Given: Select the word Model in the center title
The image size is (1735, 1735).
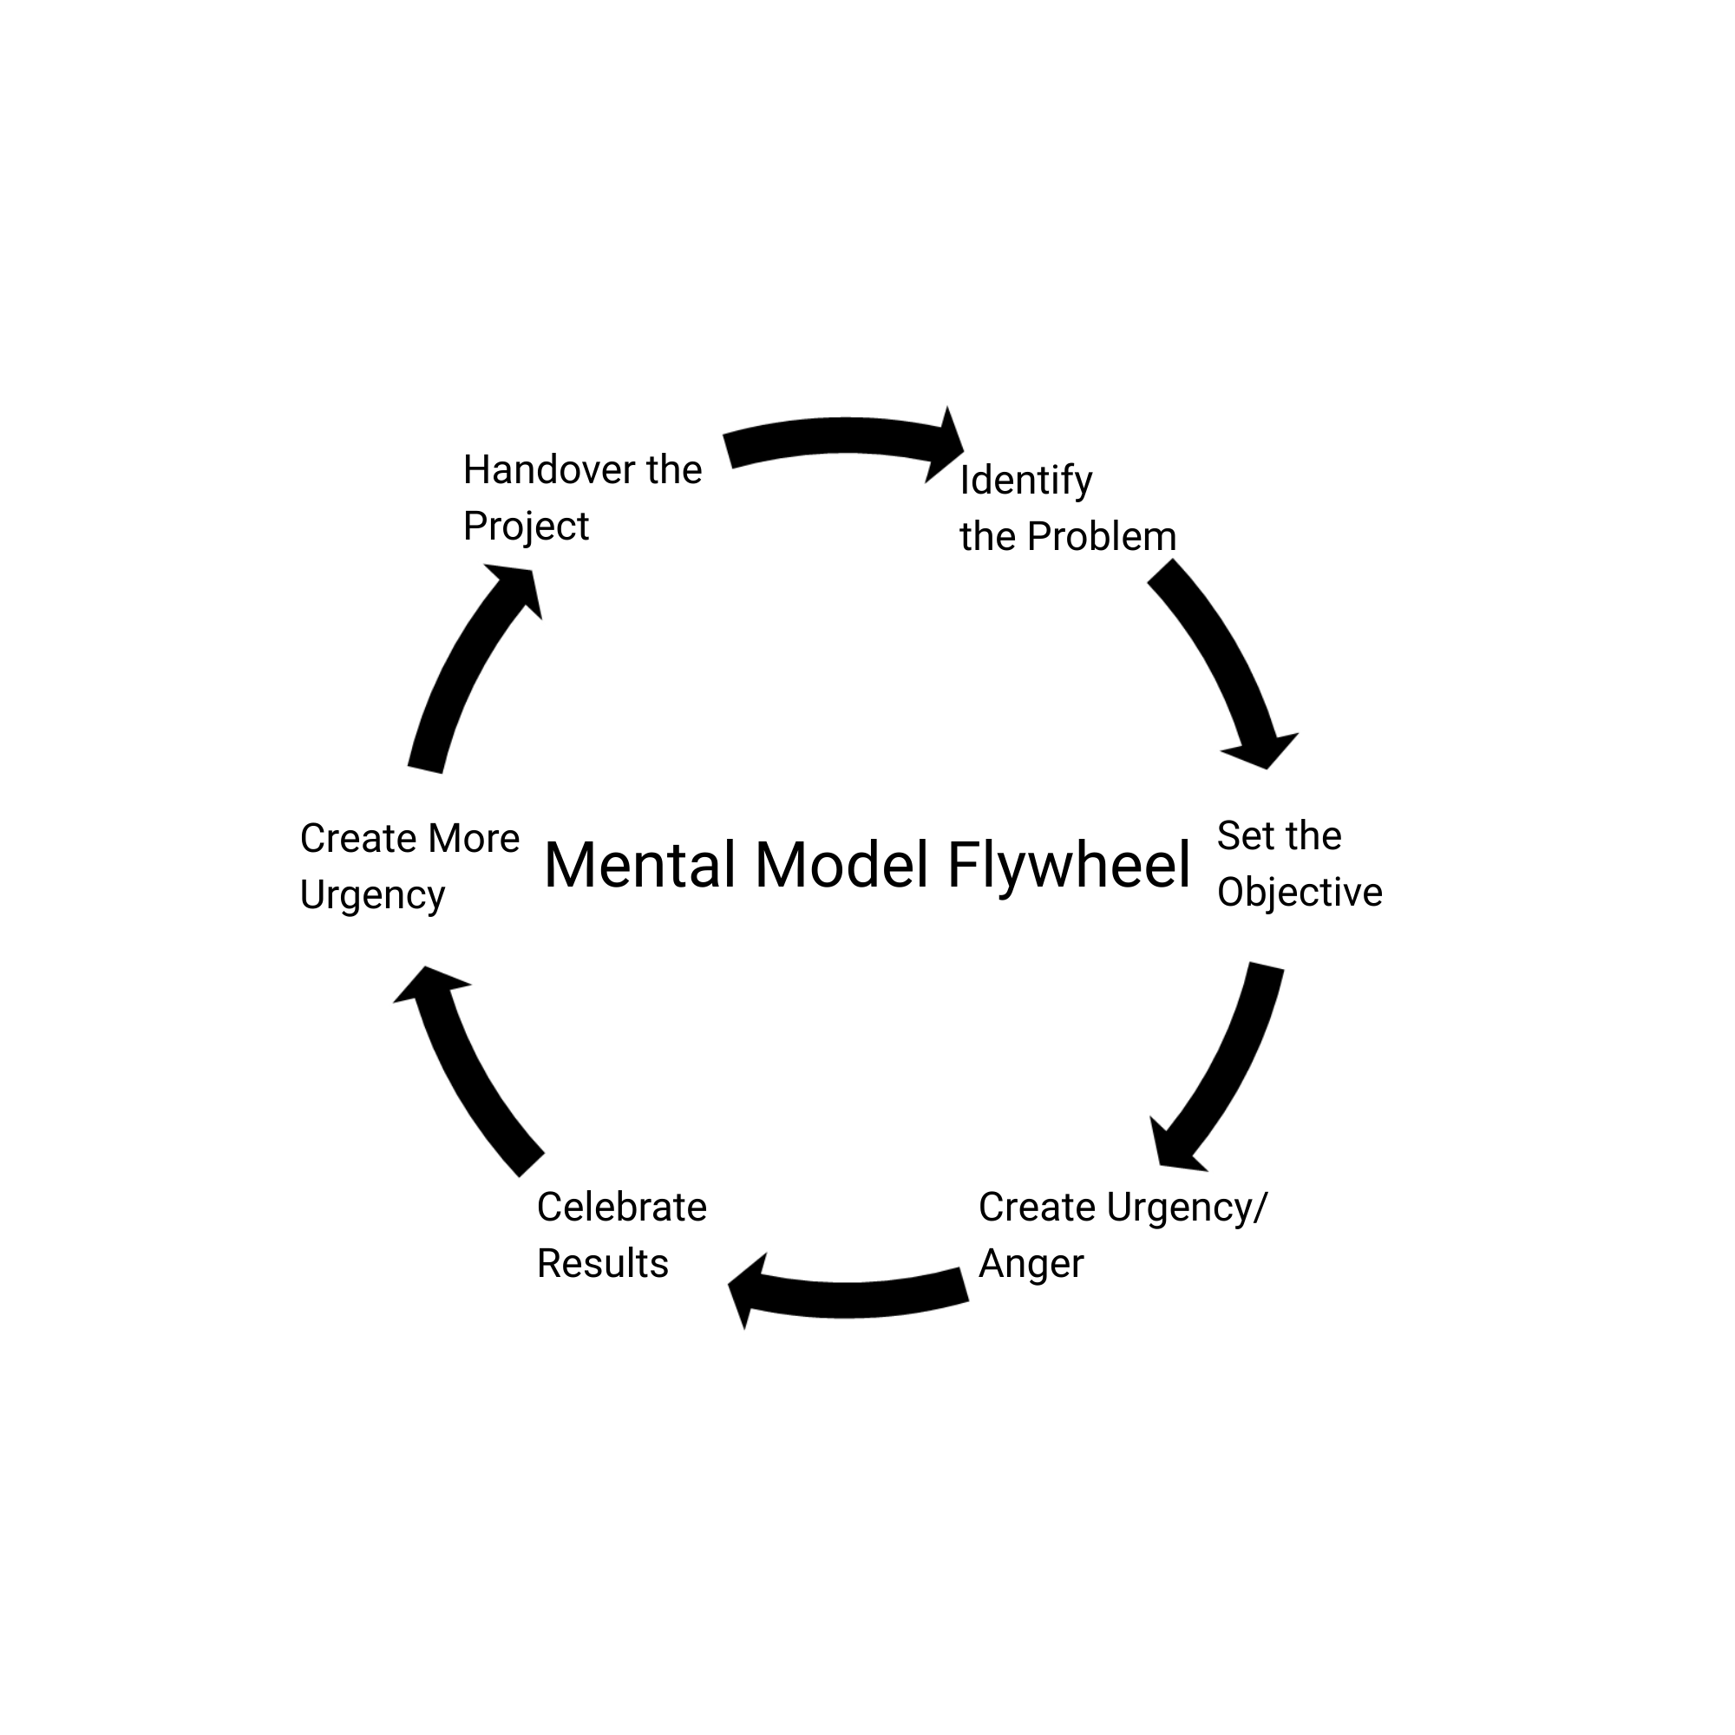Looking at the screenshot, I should (x=841, y=866).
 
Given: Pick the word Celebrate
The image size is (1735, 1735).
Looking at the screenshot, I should (x=621, y=1208).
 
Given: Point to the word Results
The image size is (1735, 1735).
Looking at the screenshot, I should (x=603, y=1265).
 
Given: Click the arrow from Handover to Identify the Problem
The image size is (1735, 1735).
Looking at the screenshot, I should (x=844, y=437).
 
